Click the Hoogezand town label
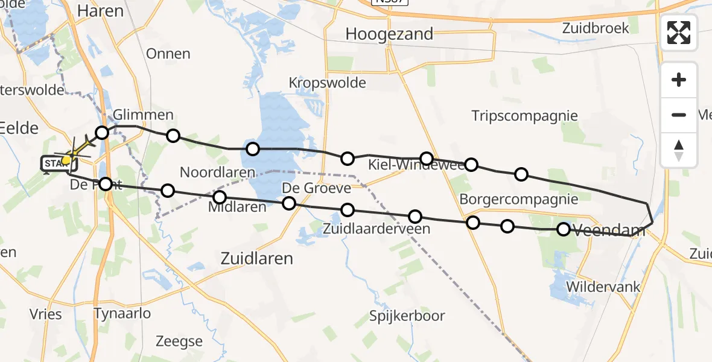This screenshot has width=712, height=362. pos(389,34)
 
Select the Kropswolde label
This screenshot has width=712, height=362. pos(327,82)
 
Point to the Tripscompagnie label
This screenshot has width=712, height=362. pos(524,116)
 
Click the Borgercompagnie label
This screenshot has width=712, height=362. pos(518,199)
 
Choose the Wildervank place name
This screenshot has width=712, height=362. pos(603,287)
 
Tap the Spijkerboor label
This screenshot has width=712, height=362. pos(408,316)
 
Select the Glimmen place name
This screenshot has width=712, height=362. pos(144,115)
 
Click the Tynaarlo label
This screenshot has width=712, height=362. pos(122,313)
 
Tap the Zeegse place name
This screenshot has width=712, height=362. pos(179,341)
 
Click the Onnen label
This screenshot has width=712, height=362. pos(168,54)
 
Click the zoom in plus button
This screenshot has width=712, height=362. pos(679,80)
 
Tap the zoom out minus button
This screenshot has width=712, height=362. pos(679,115)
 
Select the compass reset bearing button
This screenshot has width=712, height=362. pos(679,150)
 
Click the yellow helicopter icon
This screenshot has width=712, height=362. pos(74,151)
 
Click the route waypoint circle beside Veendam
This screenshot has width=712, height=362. pos(563,229)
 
